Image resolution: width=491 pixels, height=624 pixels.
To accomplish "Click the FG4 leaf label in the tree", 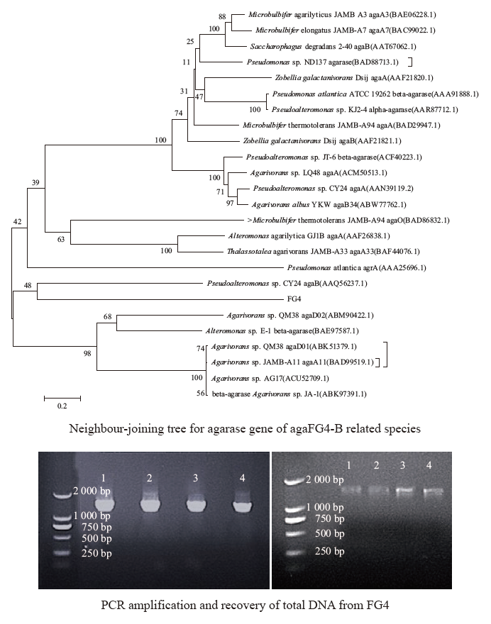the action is (294, 299).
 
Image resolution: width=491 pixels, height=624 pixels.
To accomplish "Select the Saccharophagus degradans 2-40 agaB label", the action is (333, 47).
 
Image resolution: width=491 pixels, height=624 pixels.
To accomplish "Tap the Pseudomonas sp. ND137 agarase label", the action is (322, 62).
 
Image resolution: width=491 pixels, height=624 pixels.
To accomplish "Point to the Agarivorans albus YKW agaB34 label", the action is (329, 204).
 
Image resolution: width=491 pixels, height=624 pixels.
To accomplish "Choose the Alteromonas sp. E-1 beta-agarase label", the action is (282, 330).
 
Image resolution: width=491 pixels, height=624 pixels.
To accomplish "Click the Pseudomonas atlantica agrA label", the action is (356, 268).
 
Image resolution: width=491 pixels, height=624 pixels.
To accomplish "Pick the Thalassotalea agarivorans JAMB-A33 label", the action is (324, 252).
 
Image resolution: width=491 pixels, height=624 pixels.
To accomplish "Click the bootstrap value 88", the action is (222, 17).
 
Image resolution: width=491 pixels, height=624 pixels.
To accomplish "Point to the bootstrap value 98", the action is (87, 353).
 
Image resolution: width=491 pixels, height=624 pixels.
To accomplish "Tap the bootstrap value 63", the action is (61, 239).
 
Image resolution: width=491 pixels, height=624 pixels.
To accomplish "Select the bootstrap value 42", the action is (17, 222).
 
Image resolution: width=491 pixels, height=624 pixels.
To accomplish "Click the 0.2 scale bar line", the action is (62, 398).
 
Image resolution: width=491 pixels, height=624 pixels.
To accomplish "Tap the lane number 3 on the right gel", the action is (402, 465).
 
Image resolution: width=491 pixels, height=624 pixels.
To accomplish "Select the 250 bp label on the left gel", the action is (96, 553).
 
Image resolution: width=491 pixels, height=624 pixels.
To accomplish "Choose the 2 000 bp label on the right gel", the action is (324, 479).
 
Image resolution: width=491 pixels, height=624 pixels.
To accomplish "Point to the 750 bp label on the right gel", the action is (329, 518).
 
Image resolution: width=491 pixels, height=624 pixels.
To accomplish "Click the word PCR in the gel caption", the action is (109, 606).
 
